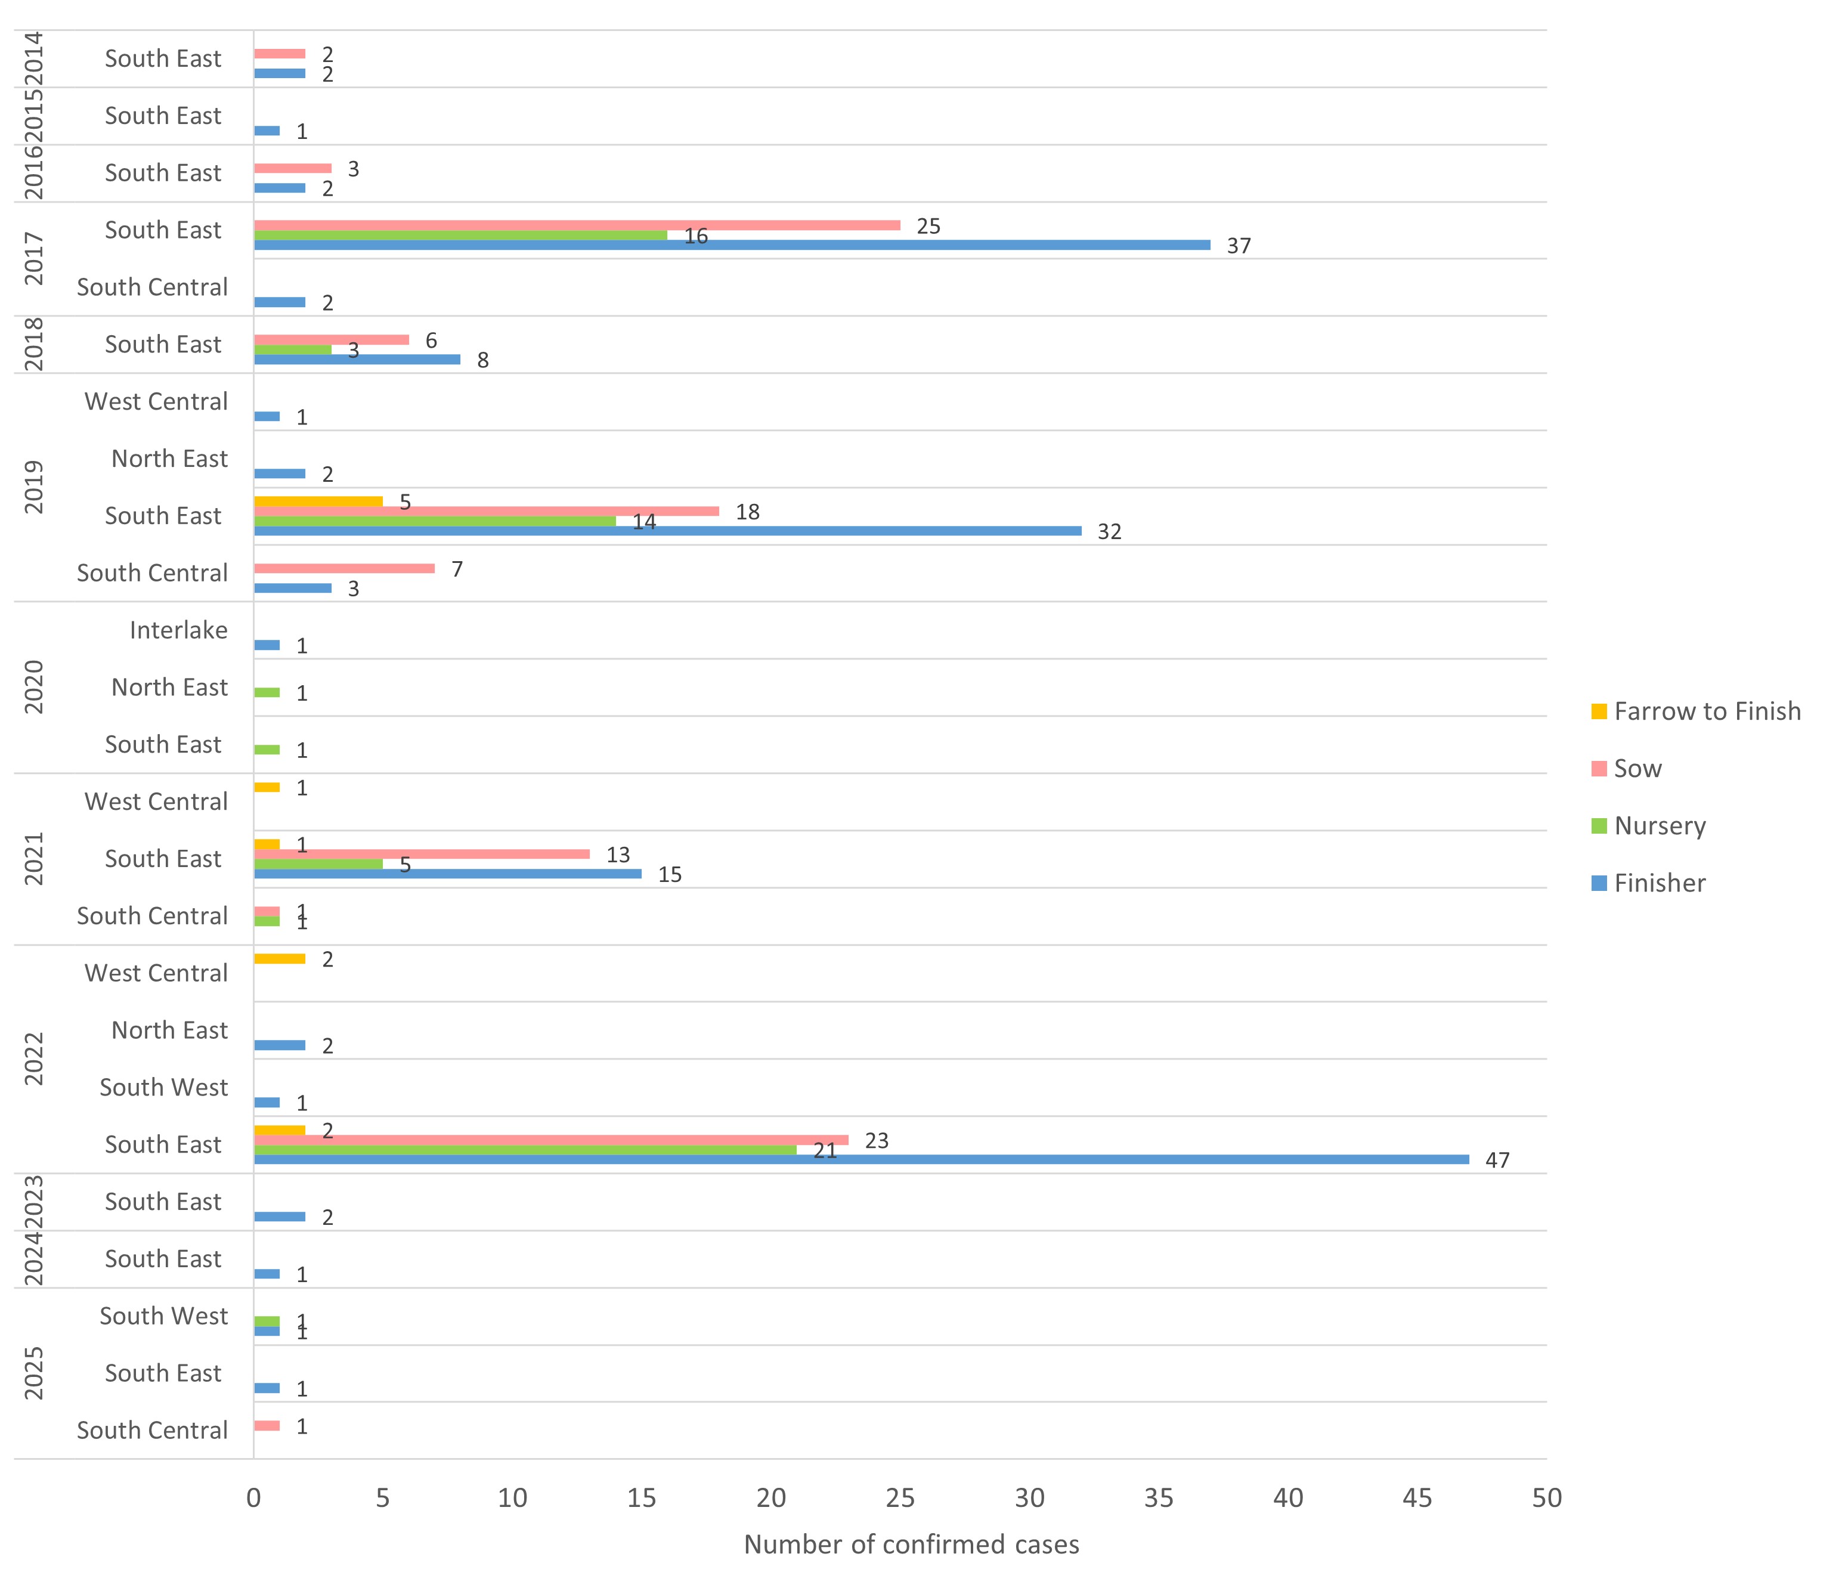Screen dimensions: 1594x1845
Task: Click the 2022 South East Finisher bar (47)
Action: pos(861,1159)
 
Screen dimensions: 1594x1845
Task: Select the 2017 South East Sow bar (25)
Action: pos(577,225)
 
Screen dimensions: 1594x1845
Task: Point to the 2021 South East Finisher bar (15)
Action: pos(447,874)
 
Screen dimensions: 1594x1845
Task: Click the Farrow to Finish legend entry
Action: pos(1706,711)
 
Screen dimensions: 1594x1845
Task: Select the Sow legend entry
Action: pos(1637,769)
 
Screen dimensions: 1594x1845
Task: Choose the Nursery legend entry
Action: pos(1659,825)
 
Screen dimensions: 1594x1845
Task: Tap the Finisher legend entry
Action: pos(1659,883)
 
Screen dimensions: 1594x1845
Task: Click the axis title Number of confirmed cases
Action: pos(911,1544)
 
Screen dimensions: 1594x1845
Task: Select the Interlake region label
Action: pos(178,630)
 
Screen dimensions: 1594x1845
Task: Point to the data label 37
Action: pos(1239,246)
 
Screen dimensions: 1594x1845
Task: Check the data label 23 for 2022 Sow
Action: pos(876,1141)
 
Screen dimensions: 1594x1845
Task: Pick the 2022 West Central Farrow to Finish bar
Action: pos(280,958)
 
